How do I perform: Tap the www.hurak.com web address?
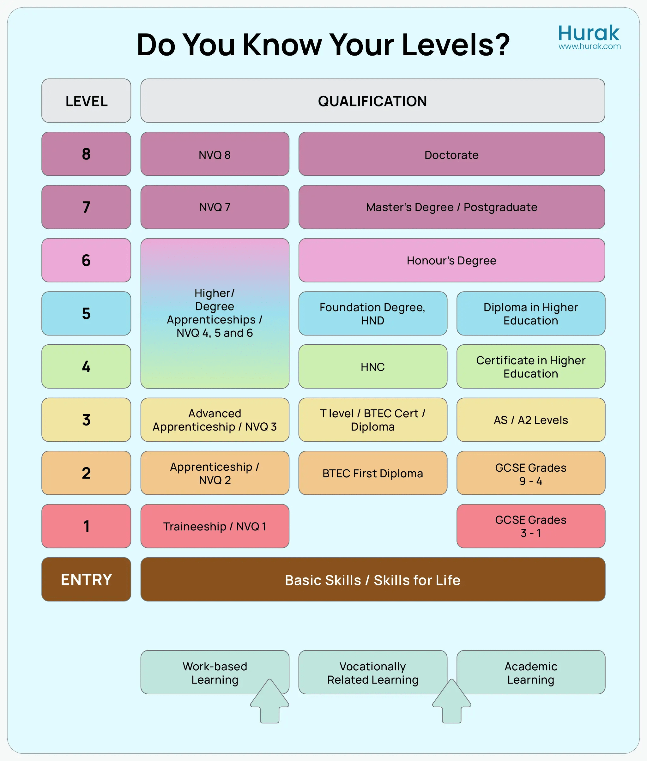(590, 46)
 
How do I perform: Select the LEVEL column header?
(86, 101)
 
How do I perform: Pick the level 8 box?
(86, 154)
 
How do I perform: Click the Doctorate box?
(451, 154)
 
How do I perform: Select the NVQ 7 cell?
(215, 207)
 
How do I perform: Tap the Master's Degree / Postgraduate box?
(451, 207)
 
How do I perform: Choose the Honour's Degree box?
(451, 260)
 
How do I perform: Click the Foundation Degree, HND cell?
(373, 314)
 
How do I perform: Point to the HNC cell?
(373, 367)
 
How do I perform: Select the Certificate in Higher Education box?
(531, 367)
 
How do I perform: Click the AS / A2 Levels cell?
(531, 420)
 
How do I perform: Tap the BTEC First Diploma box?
(373, 473)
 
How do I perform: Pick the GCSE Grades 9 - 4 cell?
(531, 473)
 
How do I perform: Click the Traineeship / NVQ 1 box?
(215, 526)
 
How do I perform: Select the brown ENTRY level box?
(86, 579)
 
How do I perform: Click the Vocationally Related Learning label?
(373, 673)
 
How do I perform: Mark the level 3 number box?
(86, 420)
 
